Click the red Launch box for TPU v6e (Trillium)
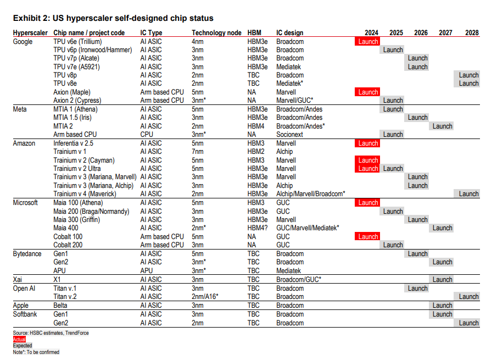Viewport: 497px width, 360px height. tap(368, 42)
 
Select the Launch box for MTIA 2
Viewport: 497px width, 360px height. tap(442, 126)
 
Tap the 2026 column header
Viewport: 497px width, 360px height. tap(421, 33)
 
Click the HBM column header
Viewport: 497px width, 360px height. tap(254, 33)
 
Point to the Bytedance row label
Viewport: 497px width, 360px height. tap(27, 254)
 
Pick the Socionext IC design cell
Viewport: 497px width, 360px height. tap(291, 135)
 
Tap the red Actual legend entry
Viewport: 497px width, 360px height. tap(19, 340)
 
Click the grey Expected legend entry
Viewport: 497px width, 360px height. tap(23, 346)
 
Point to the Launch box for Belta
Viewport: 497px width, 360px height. tap(442, 306)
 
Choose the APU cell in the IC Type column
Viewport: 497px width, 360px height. tap(147, 271)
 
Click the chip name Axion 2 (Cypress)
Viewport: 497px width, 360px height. tap(80, 101)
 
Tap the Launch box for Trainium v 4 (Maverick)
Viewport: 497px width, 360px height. tap(468, 194)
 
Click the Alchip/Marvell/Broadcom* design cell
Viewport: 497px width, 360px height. tap(310, 194)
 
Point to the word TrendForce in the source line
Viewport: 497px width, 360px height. tap(76, 333)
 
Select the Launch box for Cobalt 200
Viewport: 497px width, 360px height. tap(393, 245)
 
